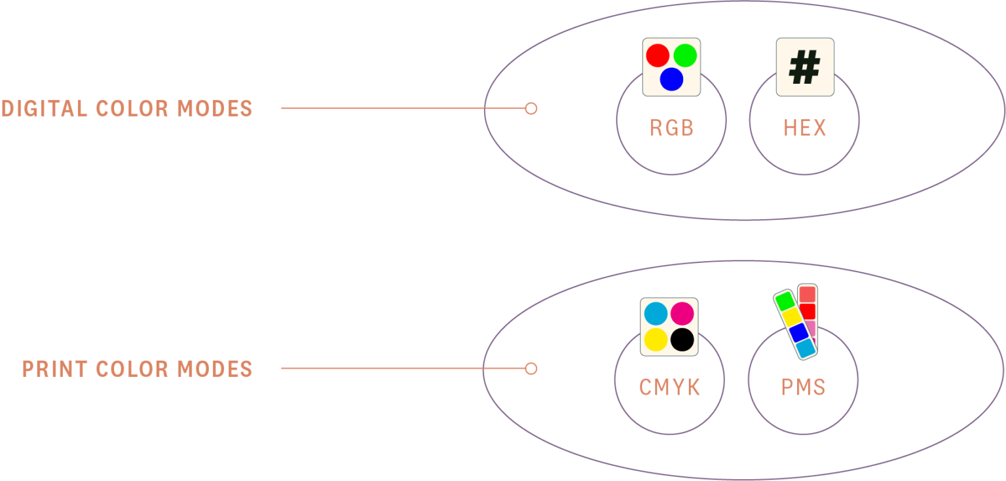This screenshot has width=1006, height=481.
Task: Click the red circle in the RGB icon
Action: pyautogui.click(x=658, y=56)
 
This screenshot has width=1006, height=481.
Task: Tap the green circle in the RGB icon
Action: pyautogui.click(x=685, y=56)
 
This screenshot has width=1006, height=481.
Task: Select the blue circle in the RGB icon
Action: pyautogui.click(x=671, y=79)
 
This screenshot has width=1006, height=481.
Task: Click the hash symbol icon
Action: pyautogui.click(x=805, y=67)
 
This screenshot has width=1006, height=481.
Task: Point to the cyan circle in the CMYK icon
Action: pyautogui.click(x=656, y=313)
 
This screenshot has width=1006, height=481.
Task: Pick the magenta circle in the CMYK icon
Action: pyautogui.click(x=682, y=313)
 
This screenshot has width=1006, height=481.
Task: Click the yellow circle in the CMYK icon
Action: pyautogui.click(x=656, y=340)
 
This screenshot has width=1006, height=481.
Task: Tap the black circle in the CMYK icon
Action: pyautogui.click(x=682, y=340)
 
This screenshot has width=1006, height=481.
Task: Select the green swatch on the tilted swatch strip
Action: pyautogui.click(x=785, y=301)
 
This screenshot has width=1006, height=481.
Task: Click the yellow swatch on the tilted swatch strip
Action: pyautogui.click(x=792, y=317)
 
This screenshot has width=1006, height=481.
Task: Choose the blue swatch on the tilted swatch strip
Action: pyautogui.click(x=799, y=333)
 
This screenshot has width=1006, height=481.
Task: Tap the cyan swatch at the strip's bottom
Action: pyautogui.click(x=806, y=348)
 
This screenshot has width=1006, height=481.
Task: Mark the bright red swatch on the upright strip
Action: pyautogui.click(x=808, y=312)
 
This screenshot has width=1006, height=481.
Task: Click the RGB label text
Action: pyautogui.click(x=672, y=128)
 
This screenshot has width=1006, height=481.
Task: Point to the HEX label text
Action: pyautogui.click(x=805, y=128)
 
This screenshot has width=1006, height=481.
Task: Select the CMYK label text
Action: pyautogui.click(x=670, y=387)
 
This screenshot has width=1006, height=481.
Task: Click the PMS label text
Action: pyautogui.click(x=804, y=387)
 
